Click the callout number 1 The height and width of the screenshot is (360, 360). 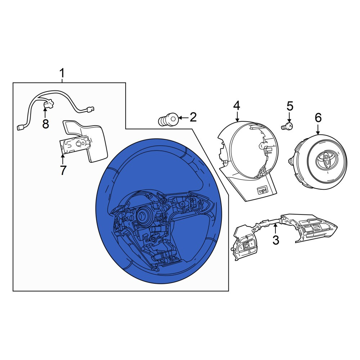click(62, 73)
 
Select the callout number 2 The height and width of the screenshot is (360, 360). click(193, 117)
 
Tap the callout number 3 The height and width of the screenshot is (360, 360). click(275, 240)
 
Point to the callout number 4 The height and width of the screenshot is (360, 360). click(237, 105)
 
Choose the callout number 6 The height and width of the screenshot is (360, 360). click(318, 118)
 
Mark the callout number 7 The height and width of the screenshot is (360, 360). click(63, 170)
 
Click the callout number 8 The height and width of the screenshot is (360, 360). click(45, 124)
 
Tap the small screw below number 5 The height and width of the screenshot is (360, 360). click(287, 126)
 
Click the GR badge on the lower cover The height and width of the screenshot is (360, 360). click(262, 190)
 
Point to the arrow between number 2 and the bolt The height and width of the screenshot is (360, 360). click(184, 118)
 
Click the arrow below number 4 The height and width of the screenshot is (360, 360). click(237, 117)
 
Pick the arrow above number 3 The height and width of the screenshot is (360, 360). click(276, 229)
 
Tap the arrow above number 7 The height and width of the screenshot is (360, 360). click(63, 159)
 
